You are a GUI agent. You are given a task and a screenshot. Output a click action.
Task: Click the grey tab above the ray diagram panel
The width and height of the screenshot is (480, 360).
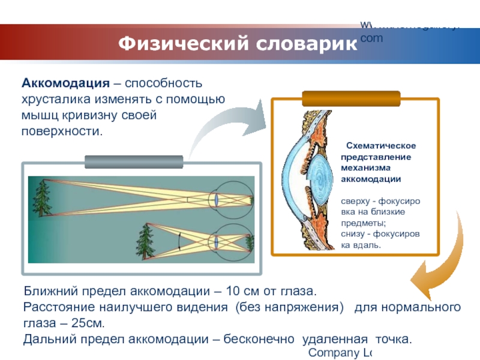(134, 162)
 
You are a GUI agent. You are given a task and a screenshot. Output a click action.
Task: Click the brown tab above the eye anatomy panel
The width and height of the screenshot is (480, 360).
(351, 98)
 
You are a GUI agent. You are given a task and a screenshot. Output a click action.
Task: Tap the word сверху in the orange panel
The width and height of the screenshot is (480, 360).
(355, 202)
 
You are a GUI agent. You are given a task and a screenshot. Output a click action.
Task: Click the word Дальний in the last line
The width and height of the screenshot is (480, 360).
(47, 339)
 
